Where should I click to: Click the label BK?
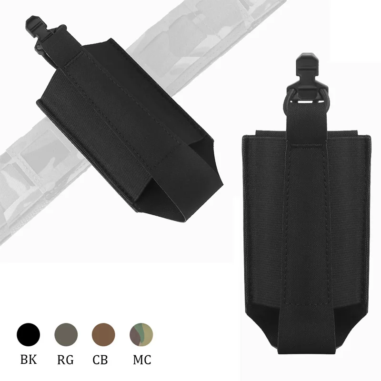tap(29, 359)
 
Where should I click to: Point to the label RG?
tap(66, 359)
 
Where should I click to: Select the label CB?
tap(103, 359)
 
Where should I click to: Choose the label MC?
tap(141, 359)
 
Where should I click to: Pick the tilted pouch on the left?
tap(129, 129)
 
